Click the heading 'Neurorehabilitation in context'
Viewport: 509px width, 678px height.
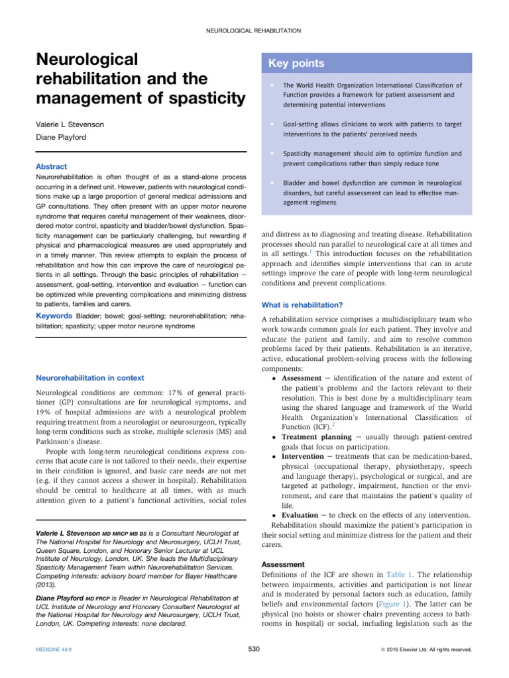click(x=89, y=378)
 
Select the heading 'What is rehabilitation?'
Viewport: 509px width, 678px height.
click(x=302, y=305)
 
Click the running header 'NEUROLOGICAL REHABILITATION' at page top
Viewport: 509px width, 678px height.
click(x=254, y=30)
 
